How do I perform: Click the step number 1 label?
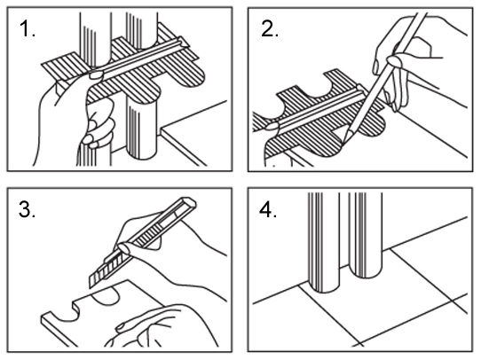27,29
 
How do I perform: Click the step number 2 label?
270,29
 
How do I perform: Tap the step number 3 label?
27,209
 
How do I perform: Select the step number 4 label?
268,210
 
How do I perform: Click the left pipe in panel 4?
324,242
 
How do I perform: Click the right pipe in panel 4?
365,235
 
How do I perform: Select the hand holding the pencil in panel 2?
408,61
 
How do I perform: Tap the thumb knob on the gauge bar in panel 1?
96,74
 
